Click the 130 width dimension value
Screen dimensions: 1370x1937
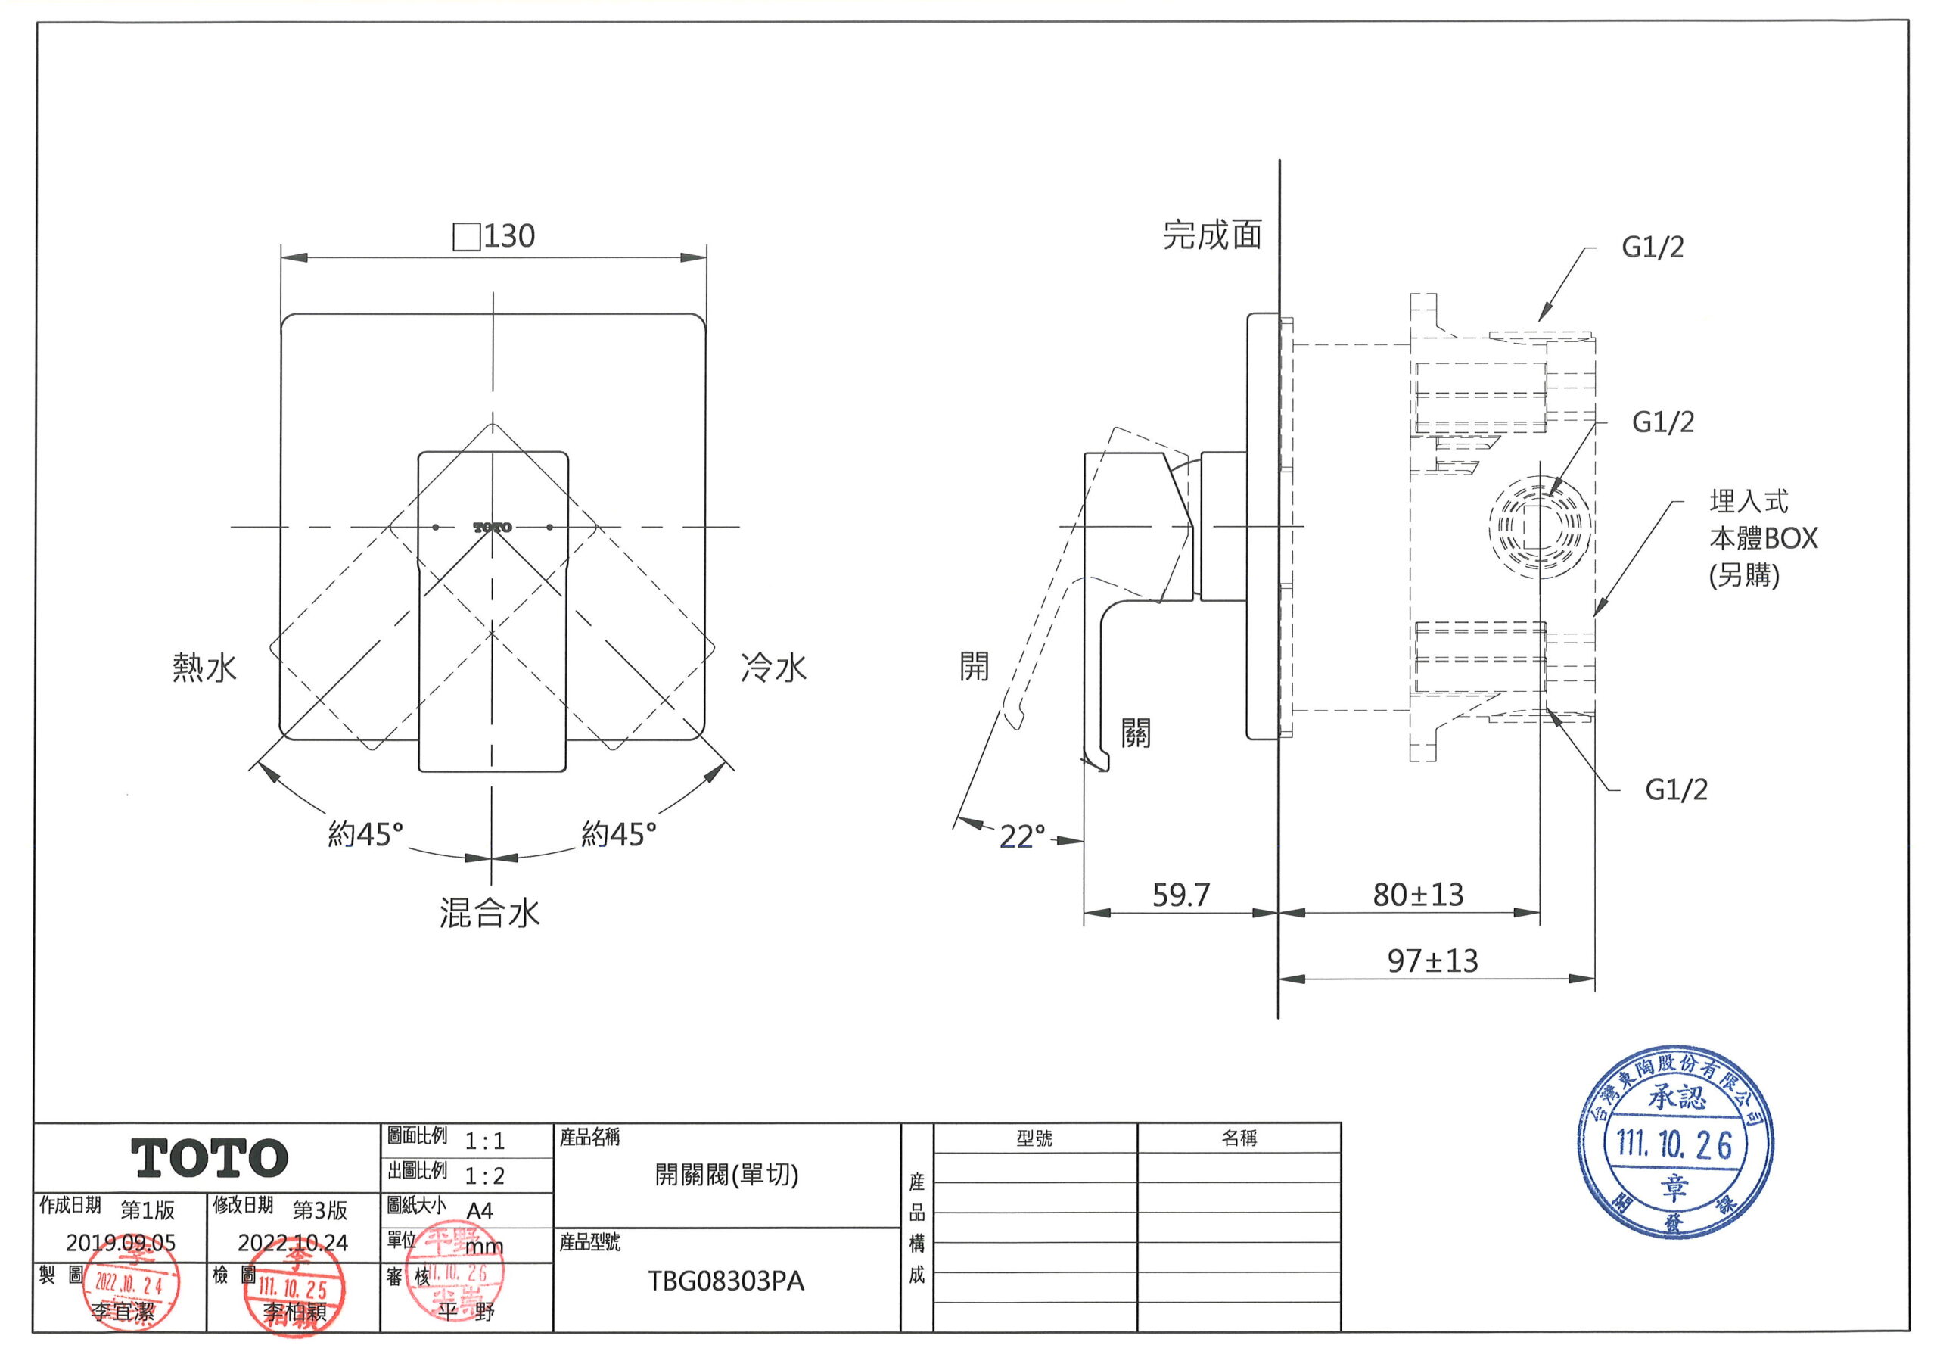pyautogui.click(x=508, y=236)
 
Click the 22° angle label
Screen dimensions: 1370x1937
pyautogui.click(x=1021, y=837)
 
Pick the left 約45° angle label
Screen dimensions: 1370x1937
pyautogui.click(x=365, y=835)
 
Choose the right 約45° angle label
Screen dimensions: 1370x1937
pyautogui.click(x=618, y=835)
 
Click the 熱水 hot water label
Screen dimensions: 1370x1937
pyautogui.click(x=205, y=668)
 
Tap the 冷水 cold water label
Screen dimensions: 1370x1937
pyautogui.click(x=773, y=668)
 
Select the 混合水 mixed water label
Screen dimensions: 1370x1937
pyautogui.click(x=490, y=914)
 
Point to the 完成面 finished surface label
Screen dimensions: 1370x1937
pyautogui.click(x=1212, y=235)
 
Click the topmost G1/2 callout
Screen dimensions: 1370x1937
pyautogui.click(x=1652, y=248)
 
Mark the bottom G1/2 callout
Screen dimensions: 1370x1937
pyautogui.click(x=1675, y=790)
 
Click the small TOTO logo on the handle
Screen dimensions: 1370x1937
pyautogui.click(x=493, y=528)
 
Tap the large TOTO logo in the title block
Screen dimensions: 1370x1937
pyautogui.click(x=210, y=1157)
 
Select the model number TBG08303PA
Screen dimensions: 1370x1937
pyautogui.click(x=726, y=1281)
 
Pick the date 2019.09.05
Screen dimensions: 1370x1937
pyautogui.click(x=120, y=1243)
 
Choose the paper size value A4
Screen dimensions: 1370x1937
pyautogui.click(x=479, y=1211)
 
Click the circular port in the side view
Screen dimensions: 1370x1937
pyautogui.click(x=1540, y=528)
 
